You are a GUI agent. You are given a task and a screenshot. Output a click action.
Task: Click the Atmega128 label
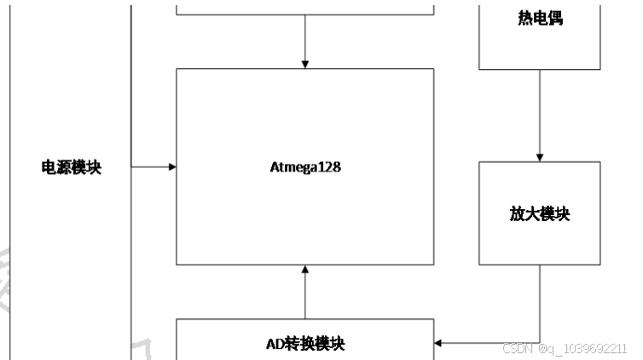tap(304, 166)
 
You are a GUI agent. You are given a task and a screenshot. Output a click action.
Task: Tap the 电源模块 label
tap(72, 167)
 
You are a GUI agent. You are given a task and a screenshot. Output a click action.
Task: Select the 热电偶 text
tap(540, 17)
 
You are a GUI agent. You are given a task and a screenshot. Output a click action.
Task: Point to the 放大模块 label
tap(540, 213)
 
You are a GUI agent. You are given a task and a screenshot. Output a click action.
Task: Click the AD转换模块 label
tap(304, 343)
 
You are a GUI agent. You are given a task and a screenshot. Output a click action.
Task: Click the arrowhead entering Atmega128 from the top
tap(304, 64)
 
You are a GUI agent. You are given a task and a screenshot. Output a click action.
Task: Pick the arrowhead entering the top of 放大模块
tap(540, 156)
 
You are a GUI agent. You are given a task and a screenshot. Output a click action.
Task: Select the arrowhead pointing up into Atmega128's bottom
tap(304, 270)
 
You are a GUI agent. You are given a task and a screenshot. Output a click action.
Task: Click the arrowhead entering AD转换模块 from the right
tap(438, 344)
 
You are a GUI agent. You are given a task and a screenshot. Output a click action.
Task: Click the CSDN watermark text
tap(565, 348)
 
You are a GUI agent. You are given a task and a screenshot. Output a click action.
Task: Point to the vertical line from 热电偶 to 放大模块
tap(540, 111)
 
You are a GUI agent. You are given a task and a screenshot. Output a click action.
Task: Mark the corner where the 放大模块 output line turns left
tap(540, 344)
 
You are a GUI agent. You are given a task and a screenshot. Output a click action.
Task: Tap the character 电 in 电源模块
tap(49, 167)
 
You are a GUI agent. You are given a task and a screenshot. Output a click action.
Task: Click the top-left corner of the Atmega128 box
tap(177, 69)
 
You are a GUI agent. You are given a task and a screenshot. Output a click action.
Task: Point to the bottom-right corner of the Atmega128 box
tap(433, 264)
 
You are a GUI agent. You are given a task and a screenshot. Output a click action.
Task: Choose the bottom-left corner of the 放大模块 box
tap(479, 264)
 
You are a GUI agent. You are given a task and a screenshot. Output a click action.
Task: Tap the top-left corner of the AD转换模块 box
tap(177, 319)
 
